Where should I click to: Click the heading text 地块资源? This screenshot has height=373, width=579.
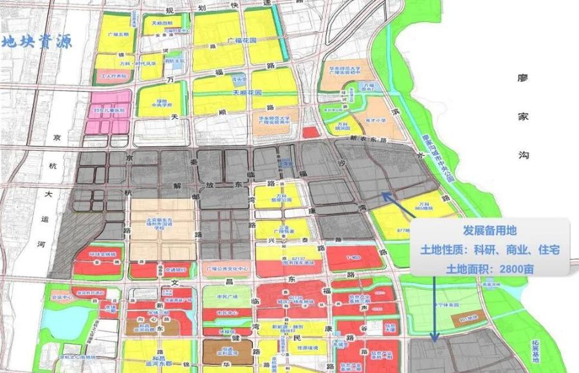(x=37, y=42)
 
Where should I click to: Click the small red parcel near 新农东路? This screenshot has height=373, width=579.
(x=310, y=132)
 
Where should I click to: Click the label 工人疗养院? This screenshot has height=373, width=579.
(x=113, y=75)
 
